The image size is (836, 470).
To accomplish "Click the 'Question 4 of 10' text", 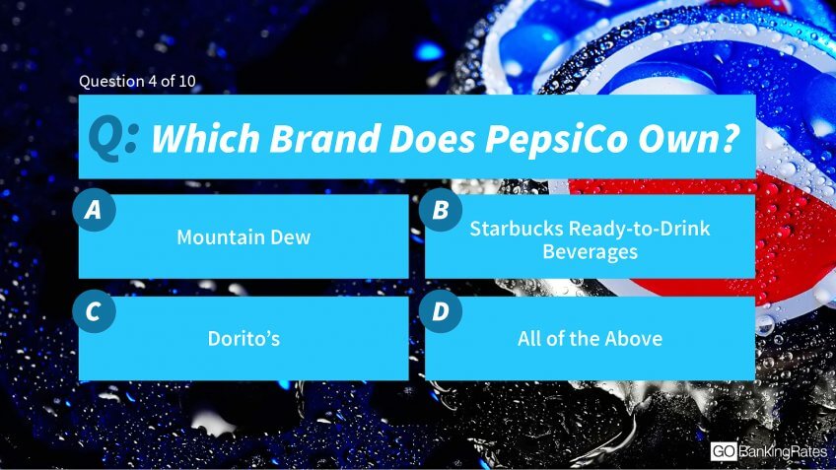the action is [137, 82].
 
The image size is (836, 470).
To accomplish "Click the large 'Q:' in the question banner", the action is [113, 138].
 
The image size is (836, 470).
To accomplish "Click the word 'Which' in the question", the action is [205, 139].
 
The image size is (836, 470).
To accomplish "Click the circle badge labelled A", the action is [94, 210].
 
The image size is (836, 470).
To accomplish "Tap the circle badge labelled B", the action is [441, 210].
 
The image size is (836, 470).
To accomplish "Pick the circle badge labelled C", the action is [94, 311].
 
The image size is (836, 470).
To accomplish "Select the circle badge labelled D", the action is [441, 311].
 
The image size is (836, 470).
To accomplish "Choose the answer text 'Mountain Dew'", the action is [244, 237].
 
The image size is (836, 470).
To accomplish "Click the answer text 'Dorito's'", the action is [244, 338].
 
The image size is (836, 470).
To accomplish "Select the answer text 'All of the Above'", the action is [591, 338].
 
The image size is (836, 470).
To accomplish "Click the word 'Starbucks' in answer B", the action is [517, 229].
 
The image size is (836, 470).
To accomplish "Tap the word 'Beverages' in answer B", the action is [591, 252].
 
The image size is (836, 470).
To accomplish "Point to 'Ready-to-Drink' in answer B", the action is [640, 230].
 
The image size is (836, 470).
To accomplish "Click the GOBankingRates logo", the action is [768, 452].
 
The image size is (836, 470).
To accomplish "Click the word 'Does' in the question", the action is [433, 139].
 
